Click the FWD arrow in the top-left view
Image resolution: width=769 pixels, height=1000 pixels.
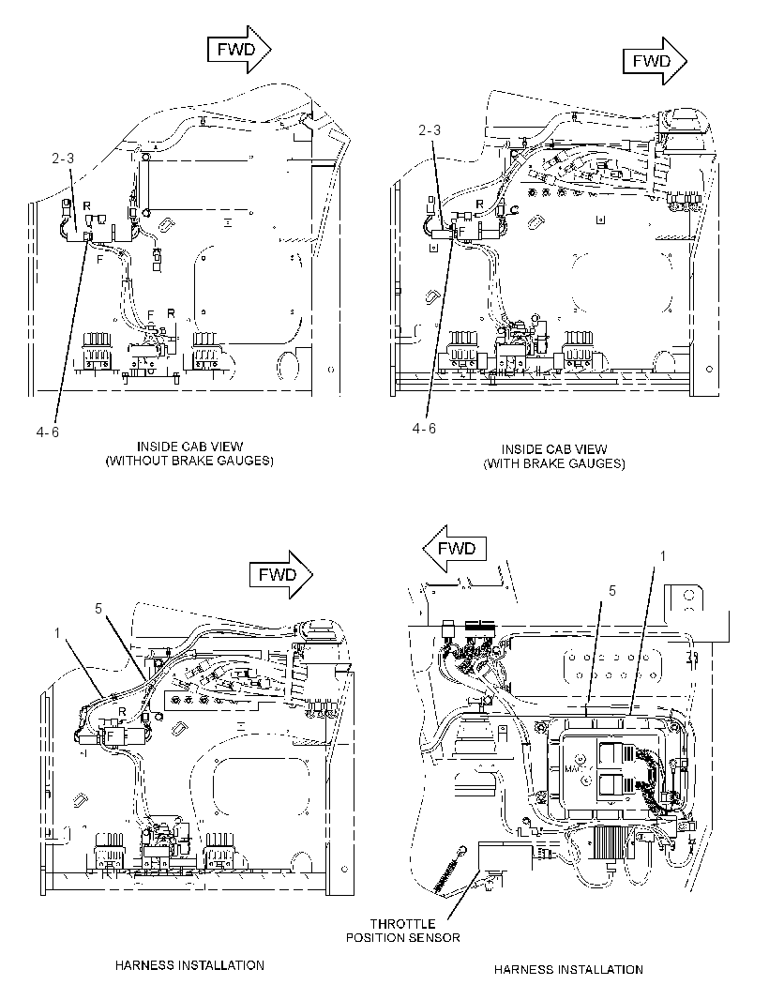pos(239,50)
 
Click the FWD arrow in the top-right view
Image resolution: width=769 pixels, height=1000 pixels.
pos(655,61)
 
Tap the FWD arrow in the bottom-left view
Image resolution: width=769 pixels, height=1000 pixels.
pos(281,575)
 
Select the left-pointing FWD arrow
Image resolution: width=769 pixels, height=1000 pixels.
pos(455,549)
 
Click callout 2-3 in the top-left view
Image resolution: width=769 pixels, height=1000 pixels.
pos(63,159)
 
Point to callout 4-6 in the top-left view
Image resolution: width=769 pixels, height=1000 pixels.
pos(48,432)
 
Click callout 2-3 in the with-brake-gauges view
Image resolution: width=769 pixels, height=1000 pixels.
pos(430,130)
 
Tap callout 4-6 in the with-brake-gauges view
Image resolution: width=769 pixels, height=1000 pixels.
pos(424,428)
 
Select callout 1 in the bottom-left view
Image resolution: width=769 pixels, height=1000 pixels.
pos(57,632)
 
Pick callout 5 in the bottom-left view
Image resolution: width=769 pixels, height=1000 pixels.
pos(98,609)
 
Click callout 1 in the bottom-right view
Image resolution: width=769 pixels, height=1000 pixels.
pos(662,557)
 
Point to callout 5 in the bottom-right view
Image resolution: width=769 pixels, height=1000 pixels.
pos(612,591)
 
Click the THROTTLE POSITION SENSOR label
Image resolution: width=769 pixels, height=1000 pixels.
pos(403,931)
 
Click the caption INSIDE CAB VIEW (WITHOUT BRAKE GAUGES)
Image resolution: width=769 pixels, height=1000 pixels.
pos(189,453)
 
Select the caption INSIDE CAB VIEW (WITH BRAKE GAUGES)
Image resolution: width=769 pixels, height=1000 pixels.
pos(553,457)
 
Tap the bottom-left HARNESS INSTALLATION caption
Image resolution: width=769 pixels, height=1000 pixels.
pos(189,965)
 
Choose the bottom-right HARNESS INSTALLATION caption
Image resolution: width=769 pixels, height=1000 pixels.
pos(568,969)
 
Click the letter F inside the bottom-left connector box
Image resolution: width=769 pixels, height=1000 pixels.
pos(110,735)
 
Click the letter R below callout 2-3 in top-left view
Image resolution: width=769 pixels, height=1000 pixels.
pos(86,206)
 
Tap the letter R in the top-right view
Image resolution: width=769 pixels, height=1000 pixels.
pos(479,204)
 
